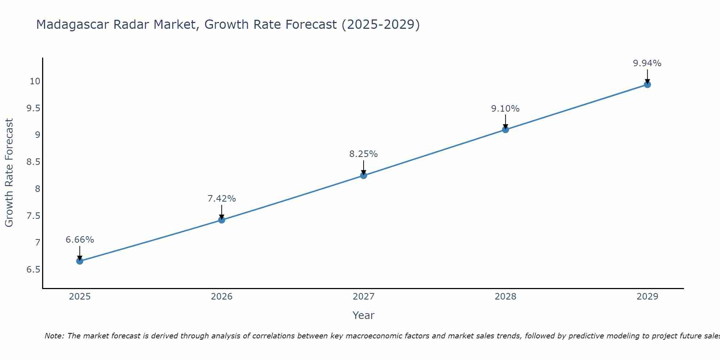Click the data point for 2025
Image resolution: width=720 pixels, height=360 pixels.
[x=80, y=261]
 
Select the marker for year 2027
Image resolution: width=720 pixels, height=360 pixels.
[x=364, y=175]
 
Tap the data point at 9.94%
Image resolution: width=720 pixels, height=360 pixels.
[x=647, y=85]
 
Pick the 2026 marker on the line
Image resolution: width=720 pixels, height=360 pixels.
[x=222, y=220]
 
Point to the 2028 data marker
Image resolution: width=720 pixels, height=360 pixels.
[x=505, y=130]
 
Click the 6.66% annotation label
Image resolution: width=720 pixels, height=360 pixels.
[x=80, y=240]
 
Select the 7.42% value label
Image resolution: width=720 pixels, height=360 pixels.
[x=222, y=199]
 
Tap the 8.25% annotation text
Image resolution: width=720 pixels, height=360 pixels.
[x=364, y=154]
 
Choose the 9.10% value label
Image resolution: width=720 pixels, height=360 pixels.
[x=505, y=109]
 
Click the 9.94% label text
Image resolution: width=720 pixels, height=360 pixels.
[x=647, y=63]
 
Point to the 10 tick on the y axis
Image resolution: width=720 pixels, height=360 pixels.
[x=35, y=81]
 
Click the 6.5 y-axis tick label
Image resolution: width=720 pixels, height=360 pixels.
[x=33, y=270]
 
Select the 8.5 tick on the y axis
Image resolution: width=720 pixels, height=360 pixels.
[x=33, y=162]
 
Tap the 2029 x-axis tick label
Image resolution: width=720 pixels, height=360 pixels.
[x=647, y=297]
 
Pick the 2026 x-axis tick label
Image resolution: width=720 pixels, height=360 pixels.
[x=222, y=297]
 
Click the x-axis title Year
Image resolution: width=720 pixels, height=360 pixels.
[x=364, y=315]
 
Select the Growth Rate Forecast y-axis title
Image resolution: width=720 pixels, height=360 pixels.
[x=9, y=173]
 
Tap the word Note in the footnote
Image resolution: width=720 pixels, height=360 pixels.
[x=54, y=336]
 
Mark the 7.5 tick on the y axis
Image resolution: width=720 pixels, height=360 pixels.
[x=33, y=216]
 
